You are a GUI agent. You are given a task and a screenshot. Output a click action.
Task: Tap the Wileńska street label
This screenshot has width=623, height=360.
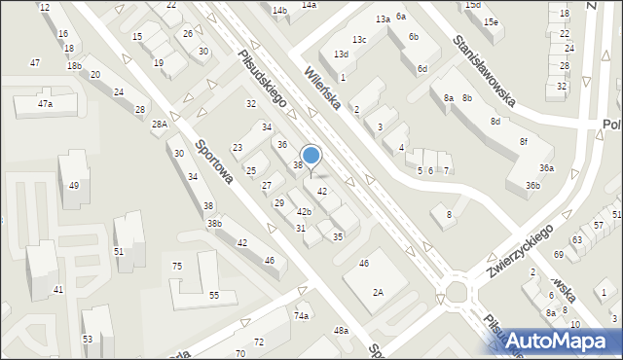[x=322, y=88]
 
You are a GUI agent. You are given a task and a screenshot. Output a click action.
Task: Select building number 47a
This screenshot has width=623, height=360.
[x=45, y=104]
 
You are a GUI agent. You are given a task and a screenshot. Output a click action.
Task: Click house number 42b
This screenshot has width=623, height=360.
[x=305, y=211]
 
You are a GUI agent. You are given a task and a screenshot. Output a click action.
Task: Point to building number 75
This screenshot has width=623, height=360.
[x=177, y=267]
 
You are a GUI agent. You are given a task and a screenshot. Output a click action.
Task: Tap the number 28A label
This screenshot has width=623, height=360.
[x=160, y=125]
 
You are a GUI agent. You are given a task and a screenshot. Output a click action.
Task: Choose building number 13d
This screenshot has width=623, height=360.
[x=341, y=54]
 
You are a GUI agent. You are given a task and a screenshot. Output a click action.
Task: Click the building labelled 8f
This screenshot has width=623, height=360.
[x=523, y=142]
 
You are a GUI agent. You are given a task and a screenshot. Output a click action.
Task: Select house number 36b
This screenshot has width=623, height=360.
[x=531, y=185]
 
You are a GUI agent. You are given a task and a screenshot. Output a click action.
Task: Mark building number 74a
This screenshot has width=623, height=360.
[x=302, y=316]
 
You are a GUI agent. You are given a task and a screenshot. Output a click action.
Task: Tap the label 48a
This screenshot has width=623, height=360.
[x=341, y=331]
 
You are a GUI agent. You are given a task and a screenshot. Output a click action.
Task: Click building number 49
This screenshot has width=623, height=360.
[x=73, y=185]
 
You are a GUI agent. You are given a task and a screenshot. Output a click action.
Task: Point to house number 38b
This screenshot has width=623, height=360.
[x=214, y=224]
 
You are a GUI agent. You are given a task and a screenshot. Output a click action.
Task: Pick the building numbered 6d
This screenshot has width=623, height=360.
[x=421, y=69]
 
